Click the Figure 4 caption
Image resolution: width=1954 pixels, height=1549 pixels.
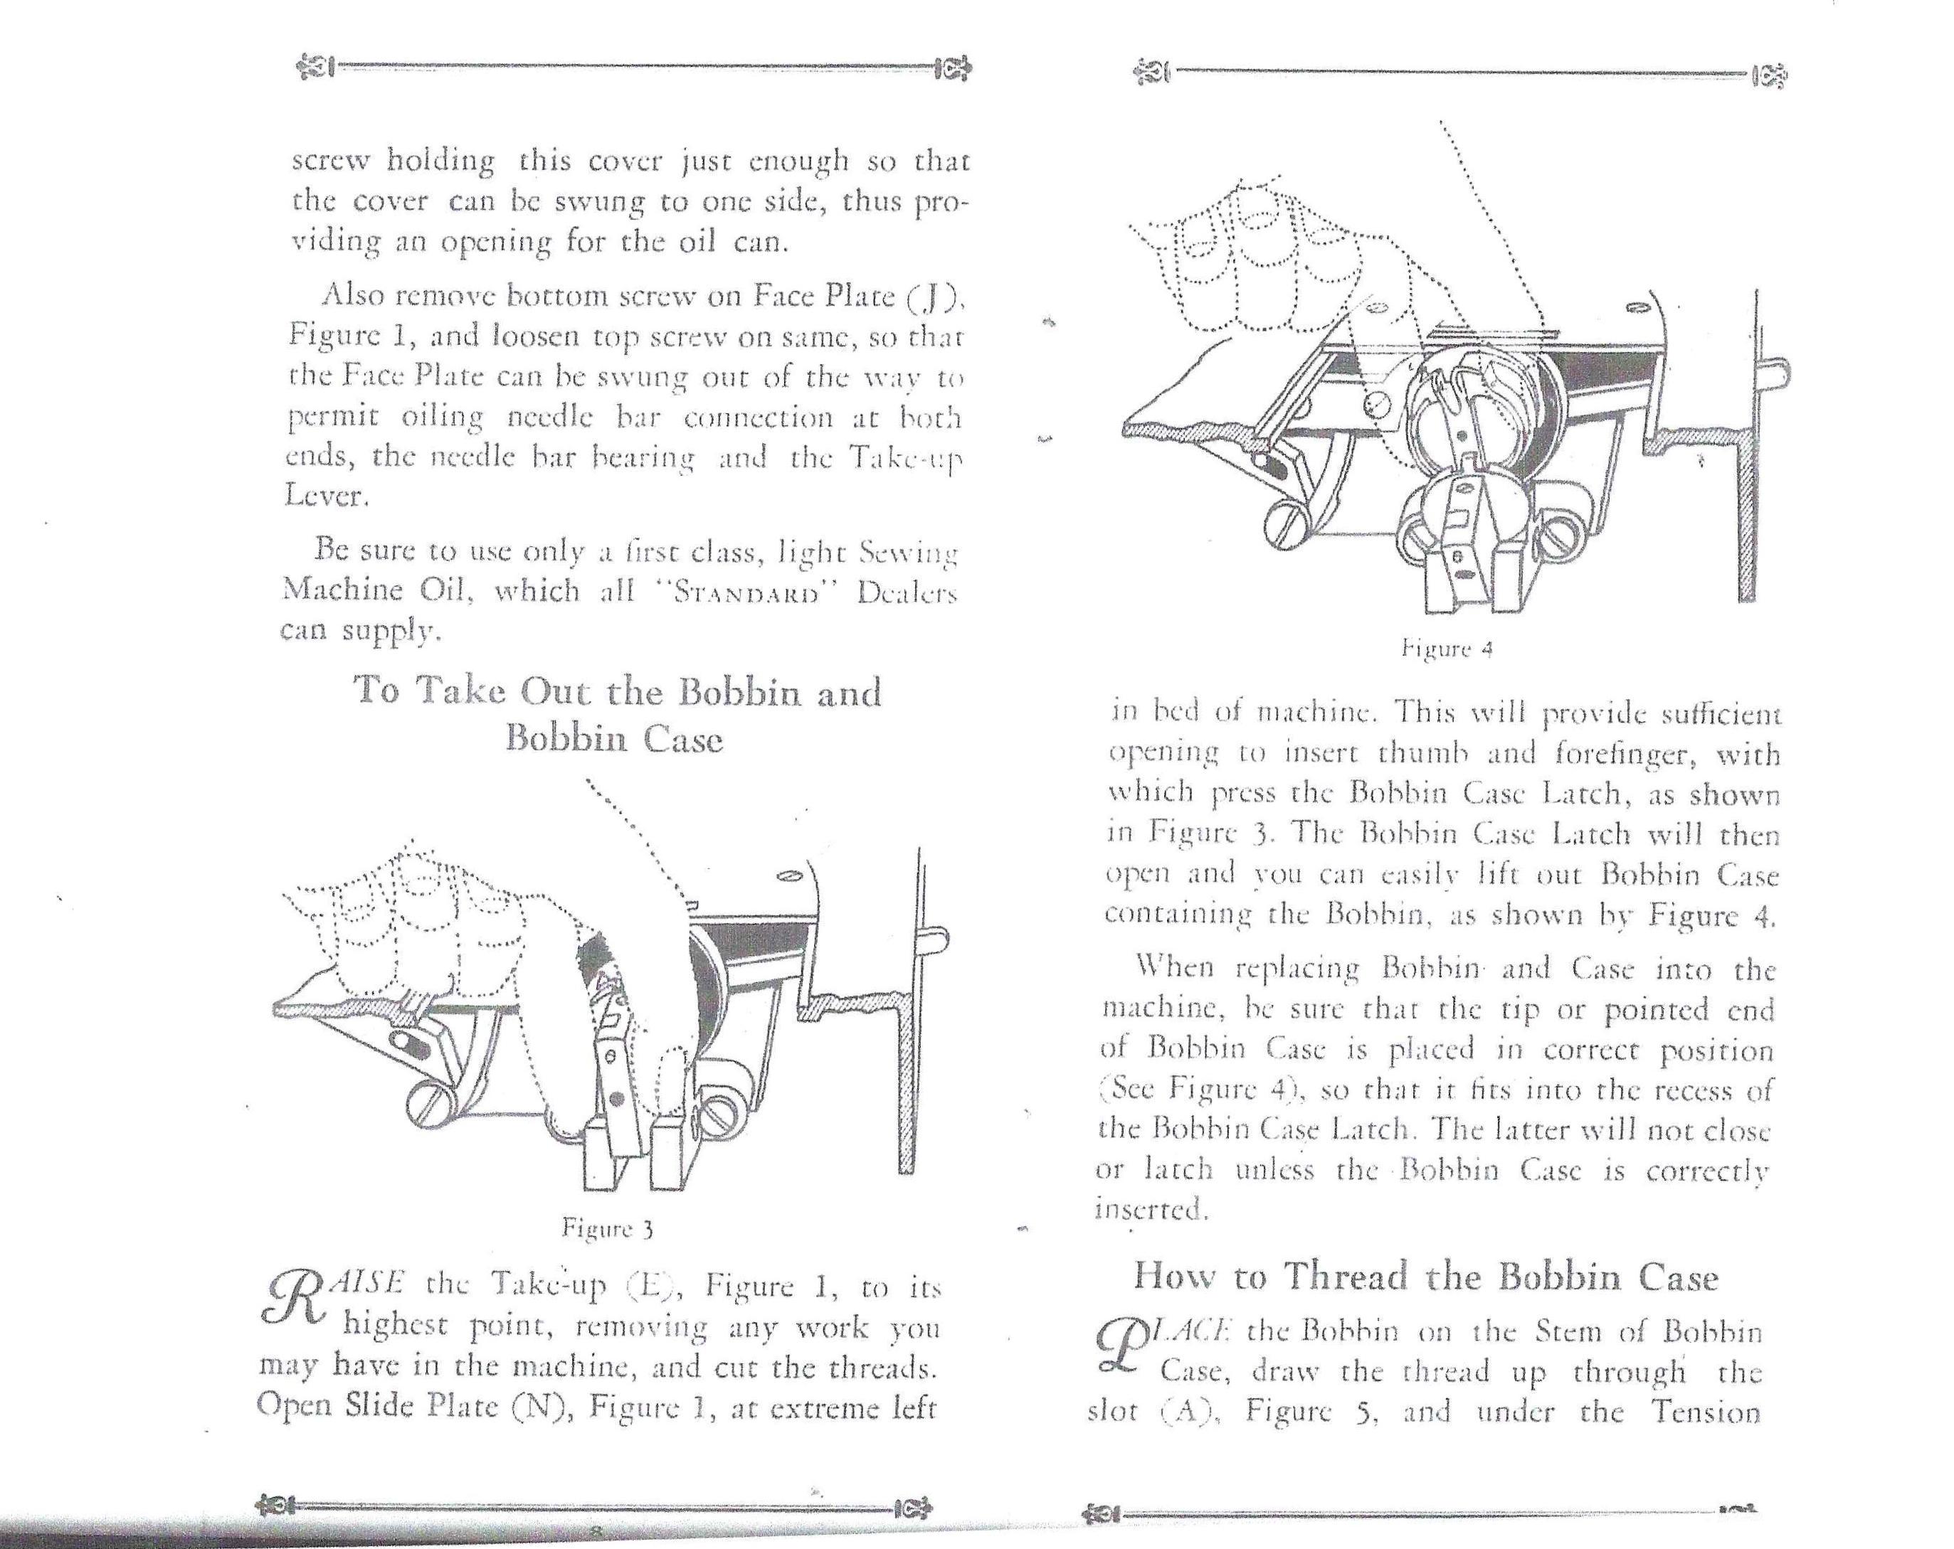1447,649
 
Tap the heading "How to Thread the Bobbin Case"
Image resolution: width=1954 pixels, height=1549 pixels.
1425,1277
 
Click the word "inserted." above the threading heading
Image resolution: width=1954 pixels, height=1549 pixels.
1152,1209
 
